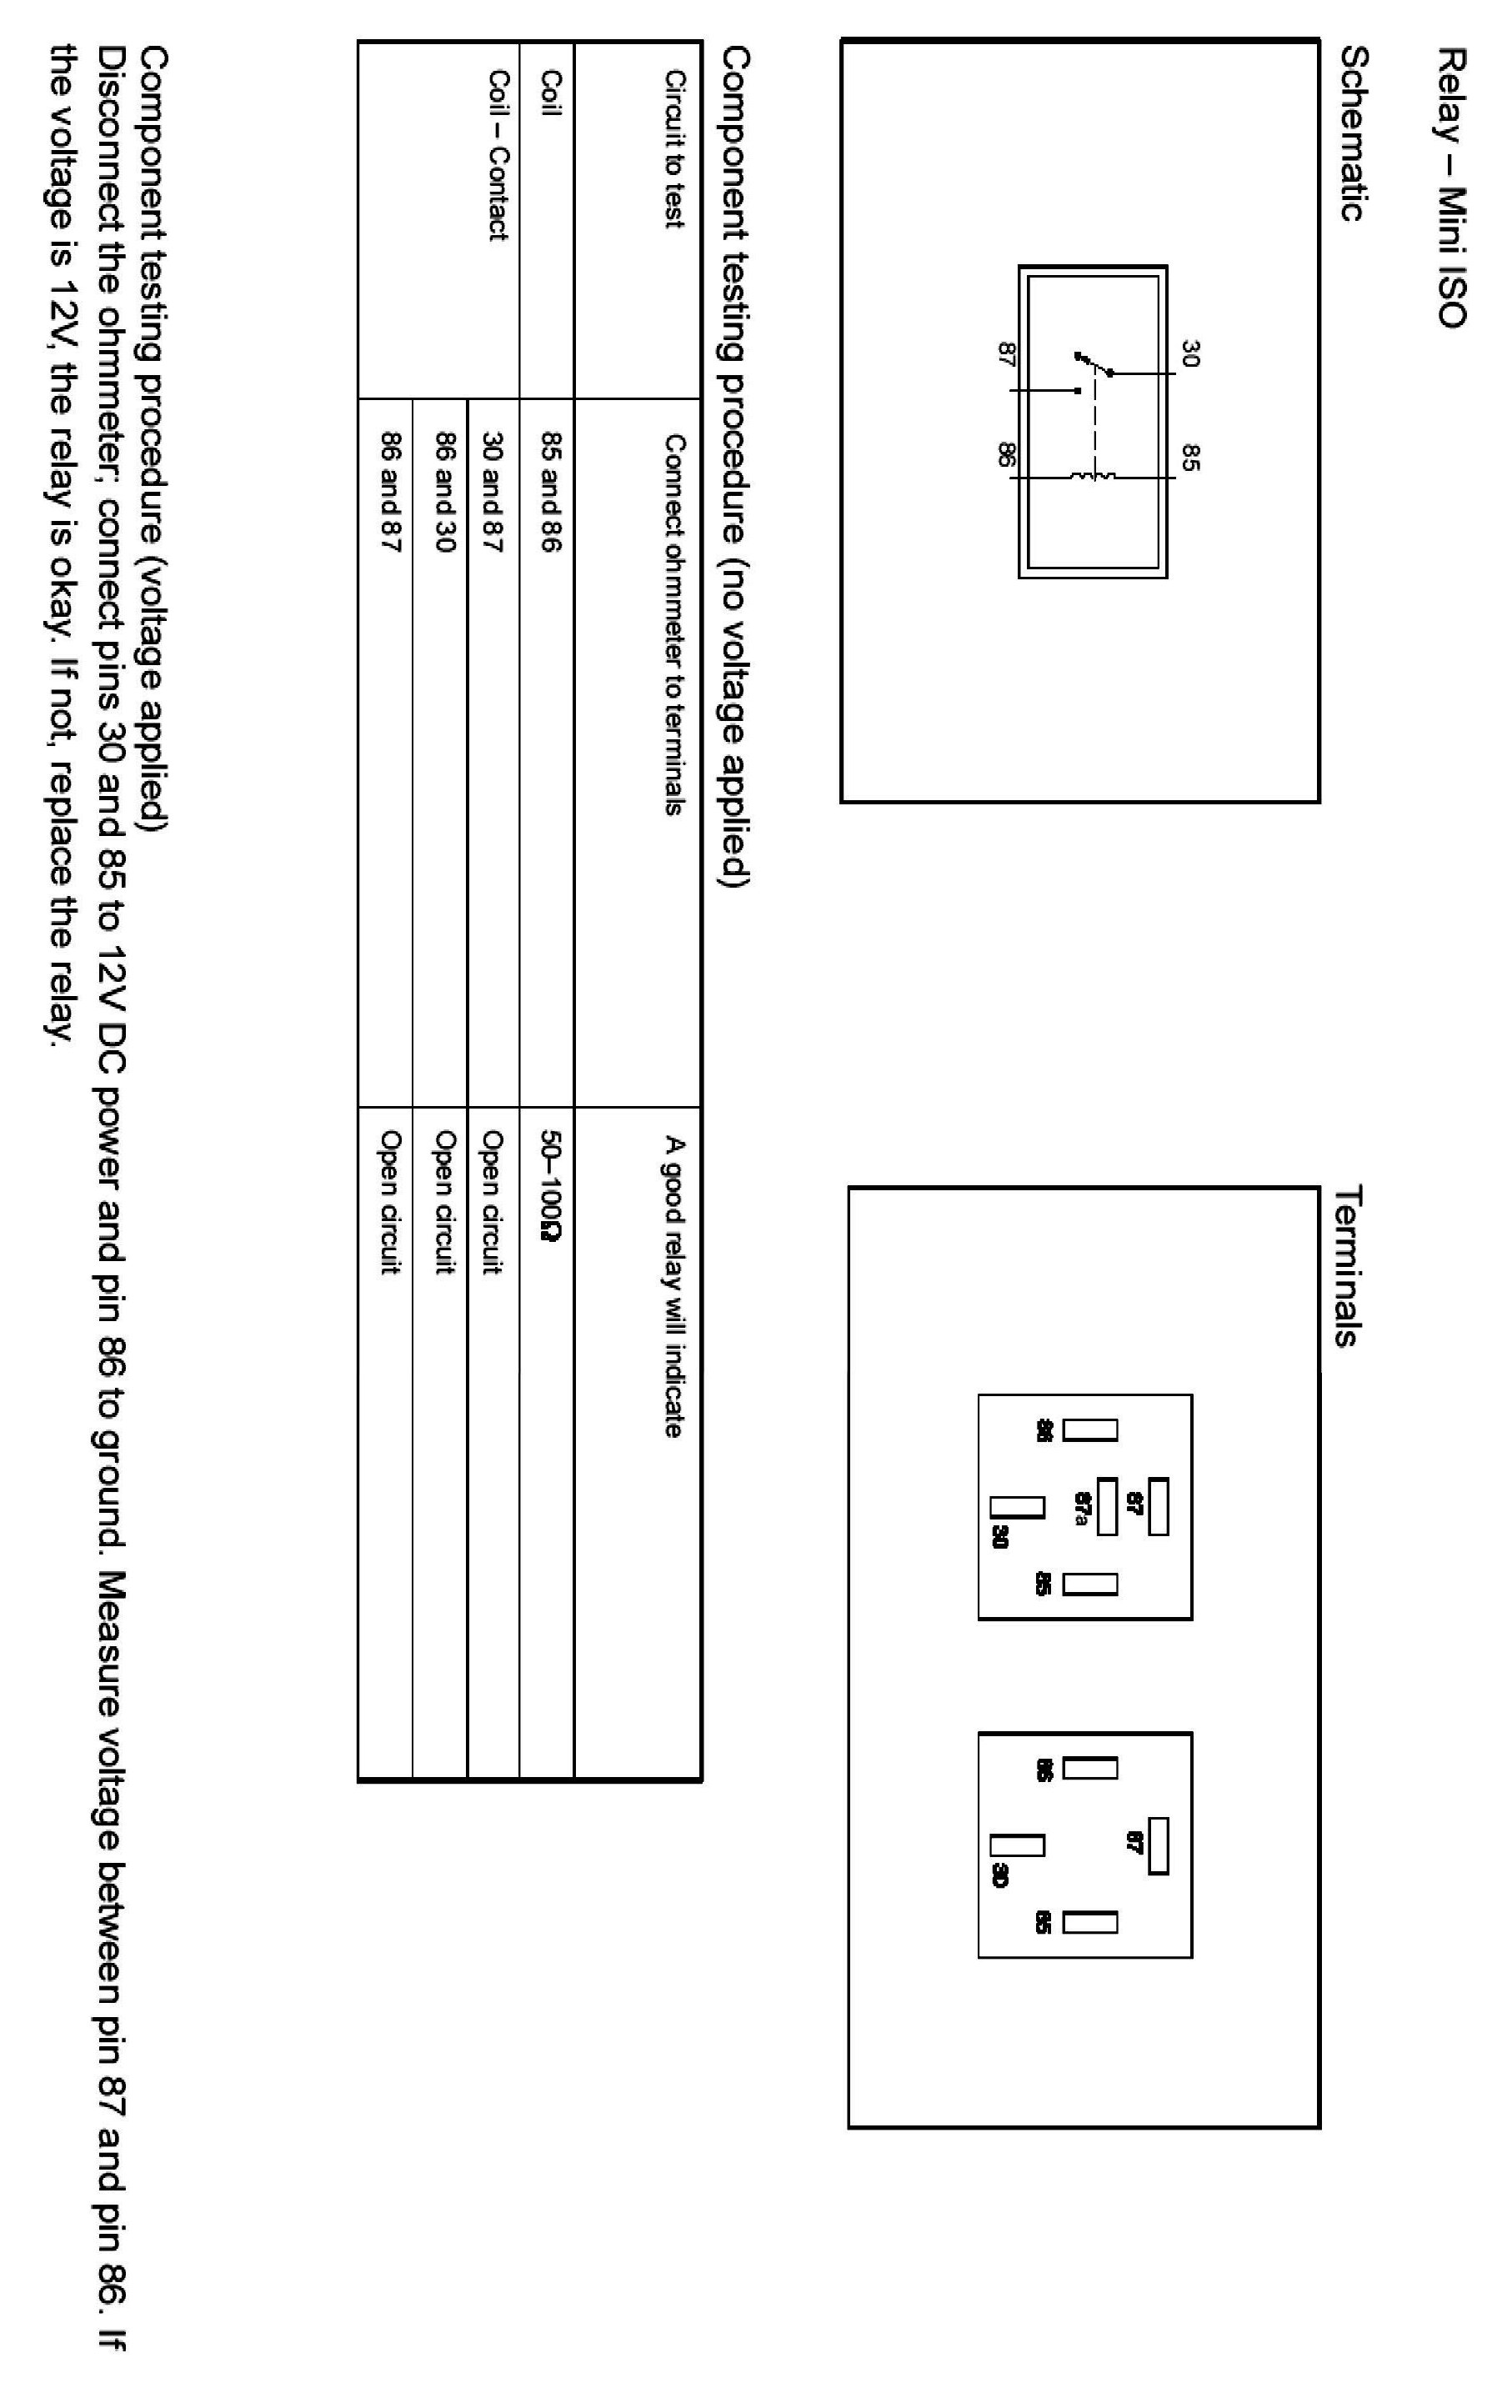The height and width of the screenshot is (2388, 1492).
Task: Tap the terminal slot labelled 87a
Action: point(1107,1506)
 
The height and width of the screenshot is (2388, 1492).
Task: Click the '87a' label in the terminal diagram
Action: point(1083,1507)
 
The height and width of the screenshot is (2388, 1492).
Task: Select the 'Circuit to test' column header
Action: point(674,148)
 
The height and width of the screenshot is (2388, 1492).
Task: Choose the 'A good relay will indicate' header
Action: point(674,1288)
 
